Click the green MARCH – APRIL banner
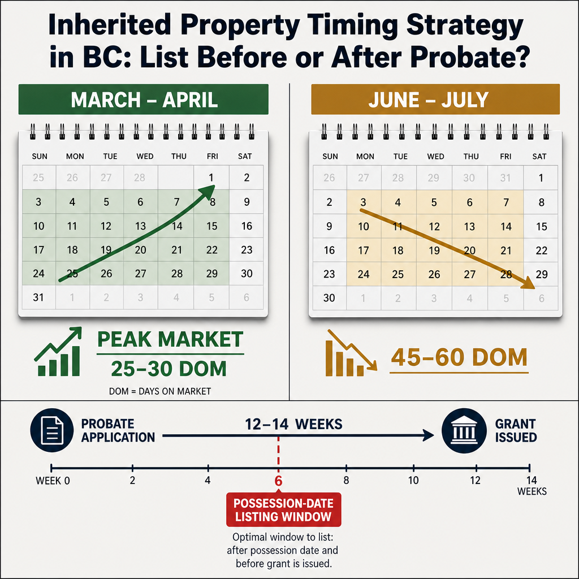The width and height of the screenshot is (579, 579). (x=143, y=100)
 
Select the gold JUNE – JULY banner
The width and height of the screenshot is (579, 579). (x=435, y=100)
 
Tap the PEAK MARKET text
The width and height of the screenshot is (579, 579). (x=170, y=339)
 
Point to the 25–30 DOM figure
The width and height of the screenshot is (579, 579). (x=168, y=369)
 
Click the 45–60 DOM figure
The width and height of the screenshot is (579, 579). (x=459, y=357)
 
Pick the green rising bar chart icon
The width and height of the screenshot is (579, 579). (x=58, y=351)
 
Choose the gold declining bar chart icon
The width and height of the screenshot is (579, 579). (x=351, y=353)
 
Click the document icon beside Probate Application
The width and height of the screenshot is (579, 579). (x=52, y=430)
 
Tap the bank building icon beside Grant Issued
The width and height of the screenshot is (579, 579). (x=464, y=430)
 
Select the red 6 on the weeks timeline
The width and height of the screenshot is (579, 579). (x=278, y=481)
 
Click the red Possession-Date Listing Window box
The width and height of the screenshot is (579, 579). (x=284, y=509)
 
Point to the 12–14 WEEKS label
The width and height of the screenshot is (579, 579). (x=293, y=424)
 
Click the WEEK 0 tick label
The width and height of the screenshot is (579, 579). (x=53, y=481)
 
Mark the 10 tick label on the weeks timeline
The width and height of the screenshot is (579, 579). (x=413, y=481)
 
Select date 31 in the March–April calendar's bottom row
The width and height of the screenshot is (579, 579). (x=38, y=297)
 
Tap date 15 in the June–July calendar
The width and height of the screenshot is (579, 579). (x=541, y=226)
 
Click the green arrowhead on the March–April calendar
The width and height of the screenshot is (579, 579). (x=208, y=192)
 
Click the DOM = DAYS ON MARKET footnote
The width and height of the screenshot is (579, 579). (x=160, y=391)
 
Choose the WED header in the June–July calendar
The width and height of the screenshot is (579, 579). (x=436, y=157)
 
